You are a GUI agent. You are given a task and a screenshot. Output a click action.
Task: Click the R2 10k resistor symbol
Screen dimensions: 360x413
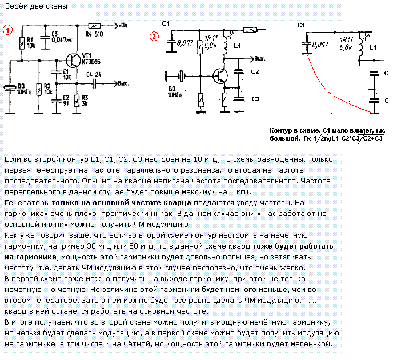(38, 90)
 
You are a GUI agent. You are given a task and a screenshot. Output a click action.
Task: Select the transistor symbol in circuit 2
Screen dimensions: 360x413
(219, 75)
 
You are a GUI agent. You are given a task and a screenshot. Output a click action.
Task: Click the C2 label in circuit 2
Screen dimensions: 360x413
(255, 71)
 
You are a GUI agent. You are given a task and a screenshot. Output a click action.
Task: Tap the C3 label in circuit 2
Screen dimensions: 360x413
(255, 98)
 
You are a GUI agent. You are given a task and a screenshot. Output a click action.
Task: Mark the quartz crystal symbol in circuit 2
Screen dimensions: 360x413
(180, 75)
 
